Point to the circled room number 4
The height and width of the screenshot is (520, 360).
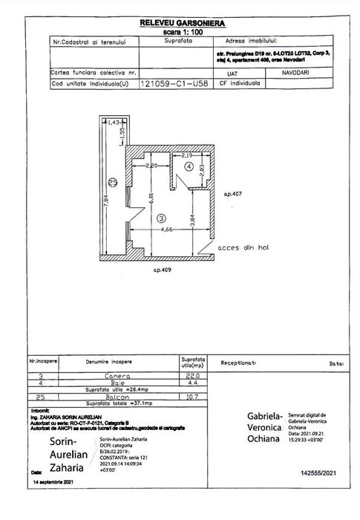[x=189, y=168]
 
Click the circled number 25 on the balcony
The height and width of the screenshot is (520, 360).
[x=112, y=181]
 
